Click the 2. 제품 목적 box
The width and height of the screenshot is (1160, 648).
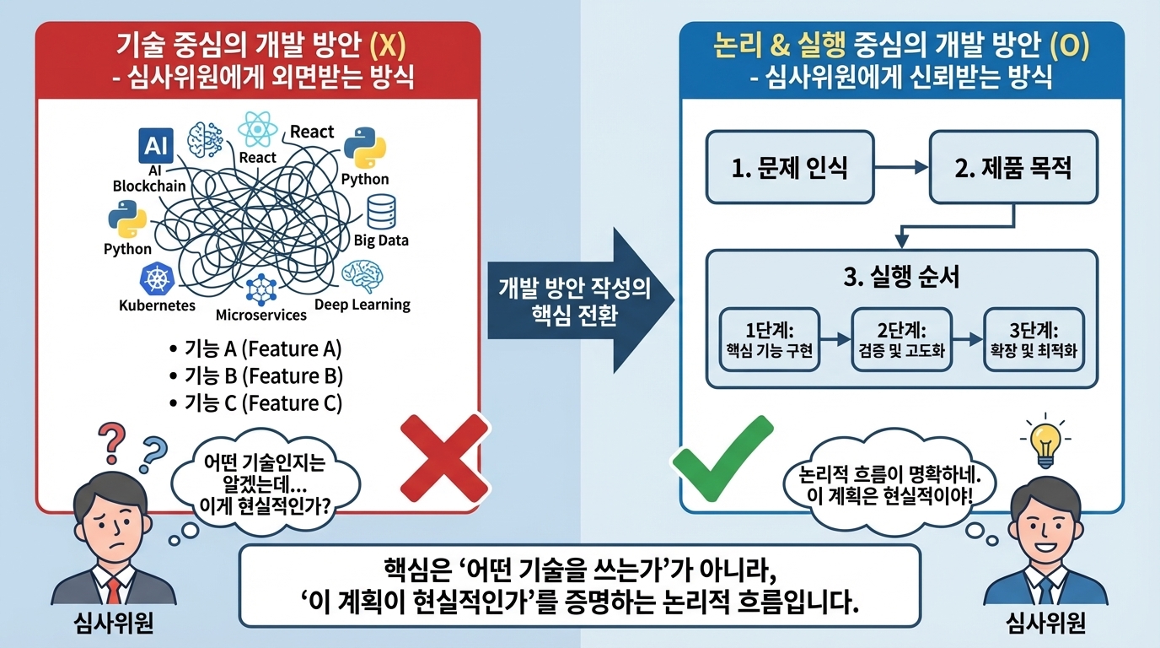1012,167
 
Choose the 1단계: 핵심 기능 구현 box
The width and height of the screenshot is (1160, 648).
769,339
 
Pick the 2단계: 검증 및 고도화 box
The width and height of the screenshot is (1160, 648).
901,339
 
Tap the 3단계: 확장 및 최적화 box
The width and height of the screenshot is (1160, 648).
1034,339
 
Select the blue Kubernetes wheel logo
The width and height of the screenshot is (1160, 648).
157,278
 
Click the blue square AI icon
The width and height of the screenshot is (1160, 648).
155,147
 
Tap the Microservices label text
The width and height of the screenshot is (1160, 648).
261,315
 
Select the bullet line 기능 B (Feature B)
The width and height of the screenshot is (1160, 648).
255,376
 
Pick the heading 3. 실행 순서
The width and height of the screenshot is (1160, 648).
901,278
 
